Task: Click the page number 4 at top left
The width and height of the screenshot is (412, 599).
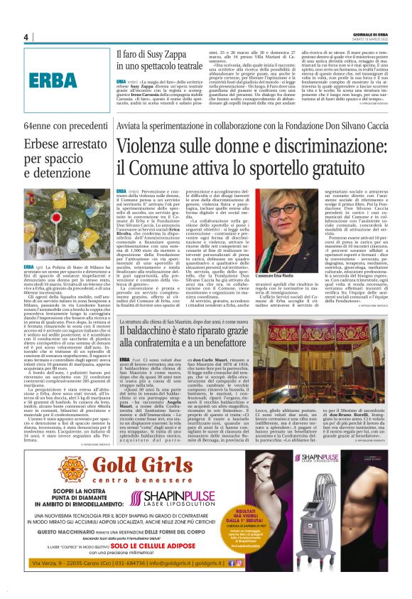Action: (x=26, y=37)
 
